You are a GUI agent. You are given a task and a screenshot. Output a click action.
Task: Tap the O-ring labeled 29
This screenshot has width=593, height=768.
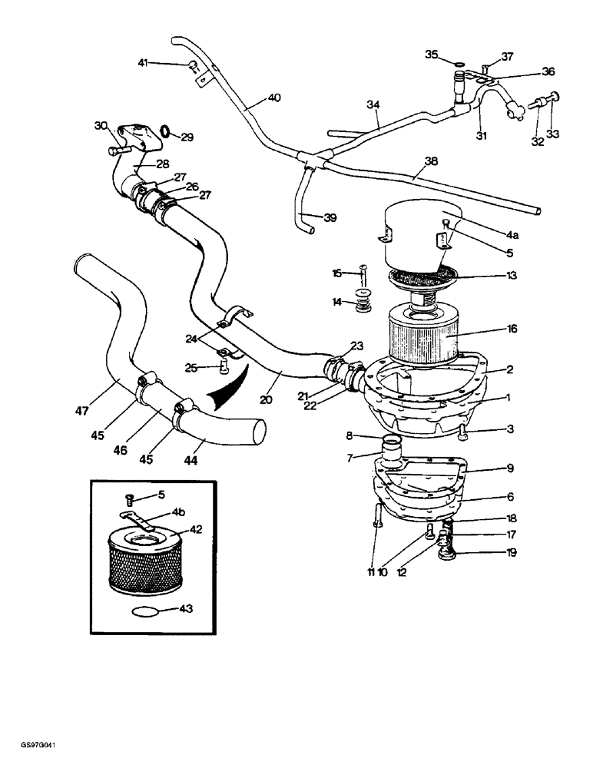coord(164,131)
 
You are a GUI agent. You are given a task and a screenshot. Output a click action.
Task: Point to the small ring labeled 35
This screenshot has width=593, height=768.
coord(459,64)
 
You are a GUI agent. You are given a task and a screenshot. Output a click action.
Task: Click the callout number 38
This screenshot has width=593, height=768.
coord(430,162)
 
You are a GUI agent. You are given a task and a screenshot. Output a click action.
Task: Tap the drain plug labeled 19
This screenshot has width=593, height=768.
coord(446,552)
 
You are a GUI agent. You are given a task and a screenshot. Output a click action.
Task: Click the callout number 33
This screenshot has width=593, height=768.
coord(552,134)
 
